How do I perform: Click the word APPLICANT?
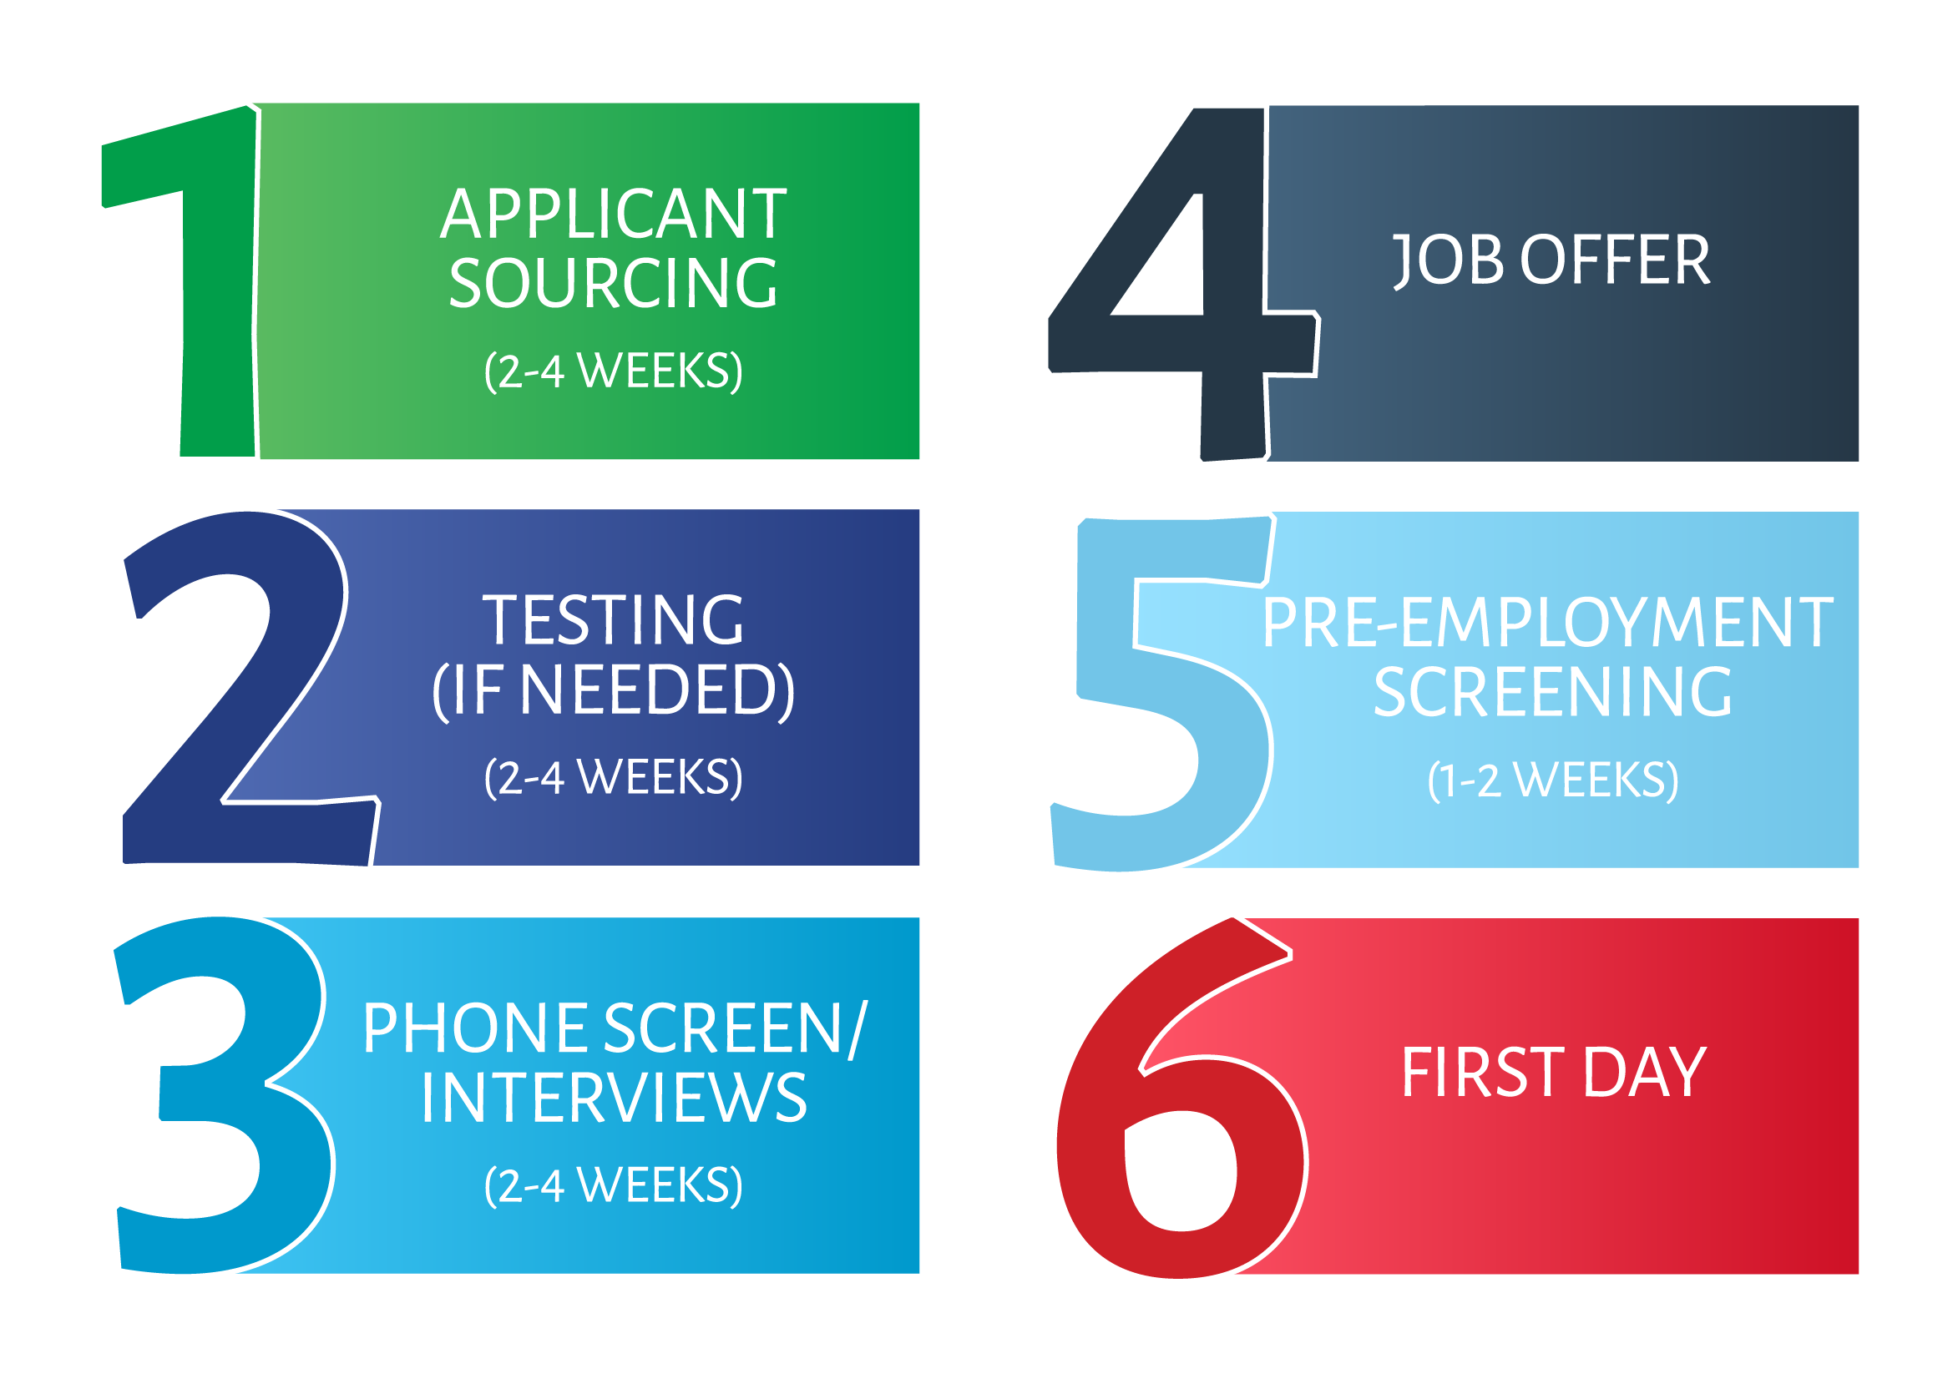(x=613, y=213)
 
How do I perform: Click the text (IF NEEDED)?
(x=613, y=690)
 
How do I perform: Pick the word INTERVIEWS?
(x=613, y=1098)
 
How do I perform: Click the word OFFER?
(x=1615, y=260)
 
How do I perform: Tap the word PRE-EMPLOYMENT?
(x=1548, y=623)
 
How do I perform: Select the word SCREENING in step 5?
(x=1552, y=693)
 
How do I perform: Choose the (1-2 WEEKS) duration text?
(x=1553, y=780)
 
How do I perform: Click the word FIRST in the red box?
(x=1483, y=1073)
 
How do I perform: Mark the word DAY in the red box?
(x=1645, y=1073)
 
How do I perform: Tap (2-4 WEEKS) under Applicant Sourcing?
(x=613, y=371)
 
